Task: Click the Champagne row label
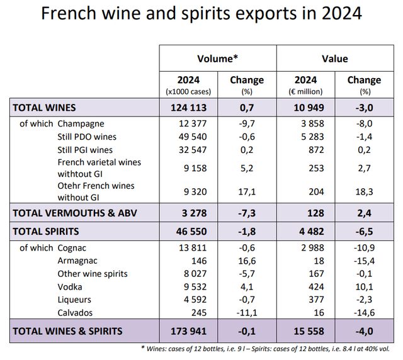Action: coord(81,123)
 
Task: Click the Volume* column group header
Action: coord(218,59)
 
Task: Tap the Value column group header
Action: coord(335,59)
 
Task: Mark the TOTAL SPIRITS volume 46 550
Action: coord(188,231)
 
